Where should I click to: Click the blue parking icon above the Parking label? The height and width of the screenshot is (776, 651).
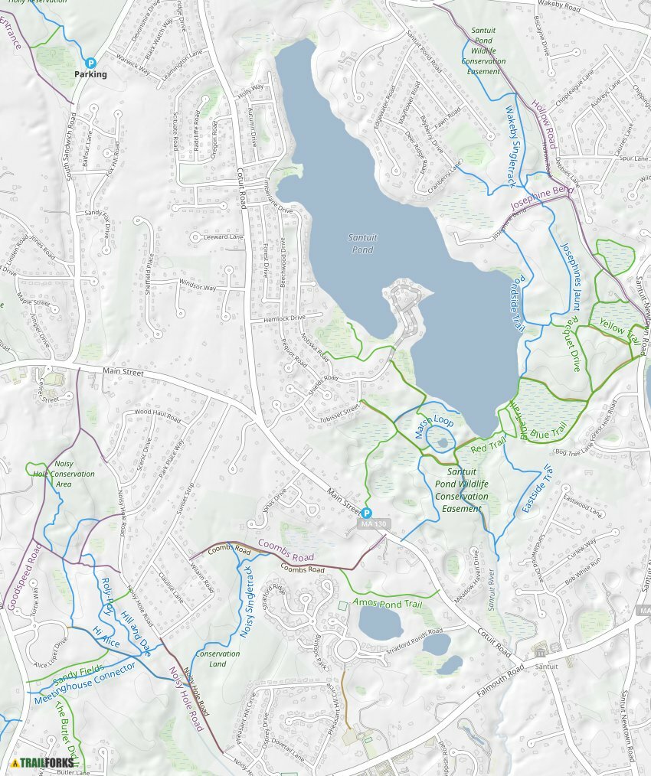90,64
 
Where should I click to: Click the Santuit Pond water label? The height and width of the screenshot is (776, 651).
361,244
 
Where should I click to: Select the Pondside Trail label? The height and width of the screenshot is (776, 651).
519,303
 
